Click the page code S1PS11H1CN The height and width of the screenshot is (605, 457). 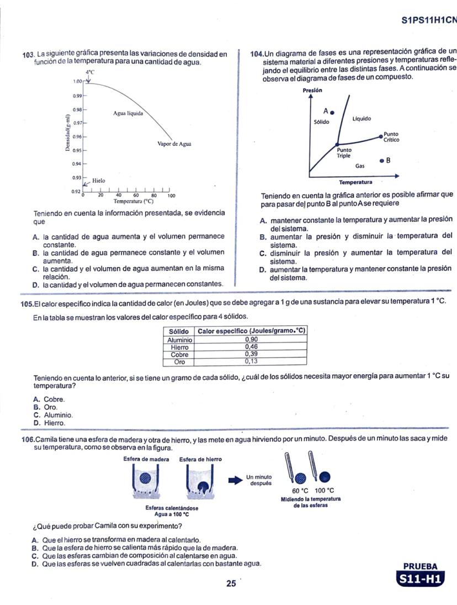[428, 20]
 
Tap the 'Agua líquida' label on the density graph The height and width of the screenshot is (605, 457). [128, 113]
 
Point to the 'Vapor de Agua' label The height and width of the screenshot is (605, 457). [174, 144]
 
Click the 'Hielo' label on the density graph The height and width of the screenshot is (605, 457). [99, 181]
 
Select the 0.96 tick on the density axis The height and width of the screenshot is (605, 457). [77, 136]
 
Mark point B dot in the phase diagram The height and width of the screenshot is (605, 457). [381, 161]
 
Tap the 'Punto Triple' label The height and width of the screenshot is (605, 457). [344, 152]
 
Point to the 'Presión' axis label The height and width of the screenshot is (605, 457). [312, 90]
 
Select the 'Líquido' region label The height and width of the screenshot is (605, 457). [362, 119]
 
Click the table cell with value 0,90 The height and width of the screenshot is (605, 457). [251, 339]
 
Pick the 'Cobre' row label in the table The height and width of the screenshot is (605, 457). [179, 354]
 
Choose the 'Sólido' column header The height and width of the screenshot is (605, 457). [179, 331]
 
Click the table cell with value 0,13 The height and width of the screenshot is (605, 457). [251, 362]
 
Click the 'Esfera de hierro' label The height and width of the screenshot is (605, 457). [200, 459]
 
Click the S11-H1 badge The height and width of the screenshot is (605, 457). [421, 579]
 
